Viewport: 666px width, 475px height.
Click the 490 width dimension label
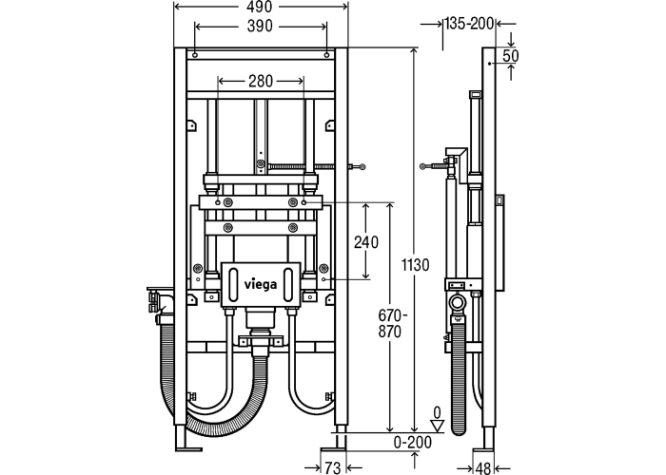coord(260,8)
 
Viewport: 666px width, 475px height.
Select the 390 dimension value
coord(260,27)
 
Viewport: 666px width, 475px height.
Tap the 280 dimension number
coord(261,81)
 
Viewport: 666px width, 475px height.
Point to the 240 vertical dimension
coord(366,242)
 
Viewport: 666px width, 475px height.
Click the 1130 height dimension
coord(416,265)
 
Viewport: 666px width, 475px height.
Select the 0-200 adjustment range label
coord(412,443)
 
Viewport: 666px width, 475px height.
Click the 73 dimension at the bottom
coord(332,467)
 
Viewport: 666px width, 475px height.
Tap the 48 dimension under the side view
coord(483,468)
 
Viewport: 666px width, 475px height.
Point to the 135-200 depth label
coord(469,24)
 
